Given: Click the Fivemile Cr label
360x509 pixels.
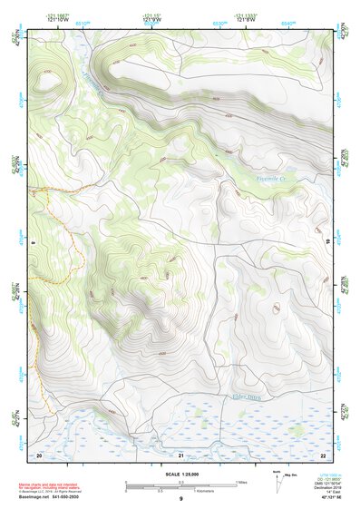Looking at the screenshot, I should [267, 180].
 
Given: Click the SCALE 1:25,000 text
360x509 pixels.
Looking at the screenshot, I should [180, 475].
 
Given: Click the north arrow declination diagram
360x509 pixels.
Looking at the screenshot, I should [277, 480].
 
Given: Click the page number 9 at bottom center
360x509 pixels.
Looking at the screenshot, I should [180, 499].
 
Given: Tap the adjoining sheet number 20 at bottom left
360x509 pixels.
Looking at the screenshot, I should [39, 455].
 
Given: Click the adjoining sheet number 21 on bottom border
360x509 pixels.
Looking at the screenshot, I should [180, 455].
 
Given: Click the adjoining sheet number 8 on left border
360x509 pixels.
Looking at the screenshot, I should [33, 242].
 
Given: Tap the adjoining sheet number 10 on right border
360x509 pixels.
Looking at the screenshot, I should [328, 242].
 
